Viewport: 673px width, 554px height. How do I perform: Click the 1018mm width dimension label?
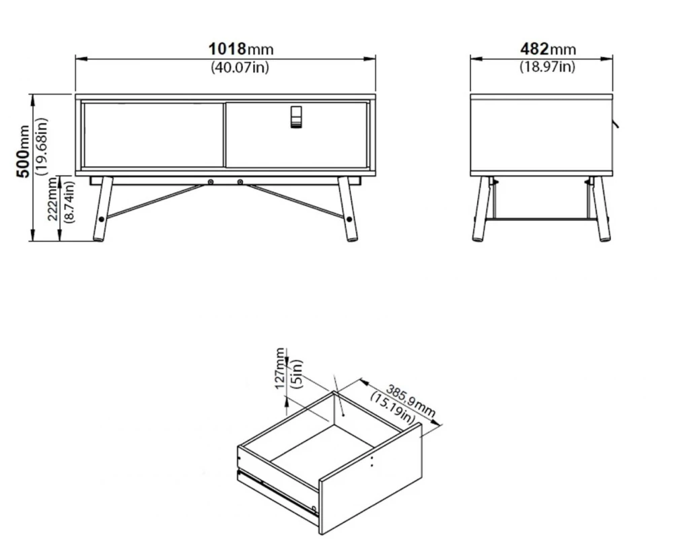241,49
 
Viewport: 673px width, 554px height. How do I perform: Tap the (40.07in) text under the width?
240,67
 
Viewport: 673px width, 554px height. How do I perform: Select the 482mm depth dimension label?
548,49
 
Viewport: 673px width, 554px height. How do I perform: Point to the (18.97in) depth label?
547,67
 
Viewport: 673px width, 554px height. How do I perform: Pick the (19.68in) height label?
42,147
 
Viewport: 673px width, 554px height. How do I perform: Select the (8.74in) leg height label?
69,201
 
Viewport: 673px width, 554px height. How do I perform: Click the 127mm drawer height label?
280,368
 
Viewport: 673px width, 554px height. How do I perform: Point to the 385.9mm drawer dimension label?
411,401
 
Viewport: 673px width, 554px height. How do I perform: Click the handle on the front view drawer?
296,117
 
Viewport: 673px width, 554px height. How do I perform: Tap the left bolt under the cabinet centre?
210,182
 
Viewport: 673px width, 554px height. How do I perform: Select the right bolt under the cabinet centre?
240,182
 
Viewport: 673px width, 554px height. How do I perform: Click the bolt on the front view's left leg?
102,219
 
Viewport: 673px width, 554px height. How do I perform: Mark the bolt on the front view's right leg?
349,219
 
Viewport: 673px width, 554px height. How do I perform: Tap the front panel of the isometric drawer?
370,479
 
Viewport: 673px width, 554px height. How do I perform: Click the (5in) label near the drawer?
297,374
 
